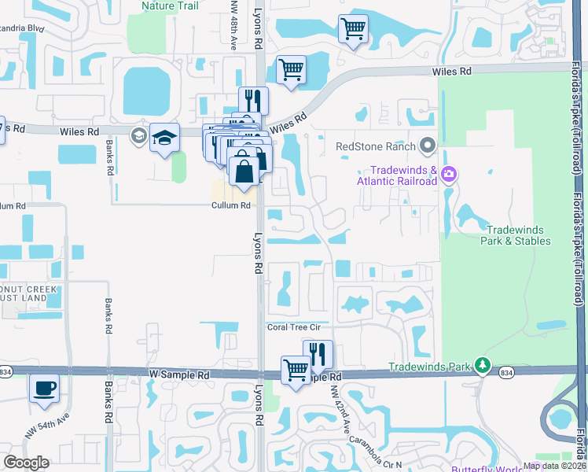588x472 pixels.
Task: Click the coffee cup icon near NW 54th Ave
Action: tap(44, 387)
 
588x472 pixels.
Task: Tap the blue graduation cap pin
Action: tap(165, 138)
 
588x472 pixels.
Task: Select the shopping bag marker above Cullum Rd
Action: tap(244, 169)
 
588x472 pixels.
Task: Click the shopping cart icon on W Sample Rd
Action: tap(296, 368)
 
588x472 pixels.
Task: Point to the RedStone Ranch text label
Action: tap(375, 146)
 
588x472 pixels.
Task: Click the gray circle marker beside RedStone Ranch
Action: tap(428, 146)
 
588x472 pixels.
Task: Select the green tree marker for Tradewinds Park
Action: tap(483, 367)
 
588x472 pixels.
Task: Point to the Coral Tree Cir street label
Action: tap(296, 327)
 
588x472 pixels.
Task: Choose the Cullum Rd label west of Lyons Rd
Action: tap(230, 205)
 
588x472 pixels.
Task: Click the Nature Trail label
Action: tap(169, 6)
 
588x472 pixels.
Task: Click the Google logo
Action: tap(26, 463)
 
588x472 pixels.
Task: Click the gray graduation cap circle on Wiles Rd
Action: tap(140, 135)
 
